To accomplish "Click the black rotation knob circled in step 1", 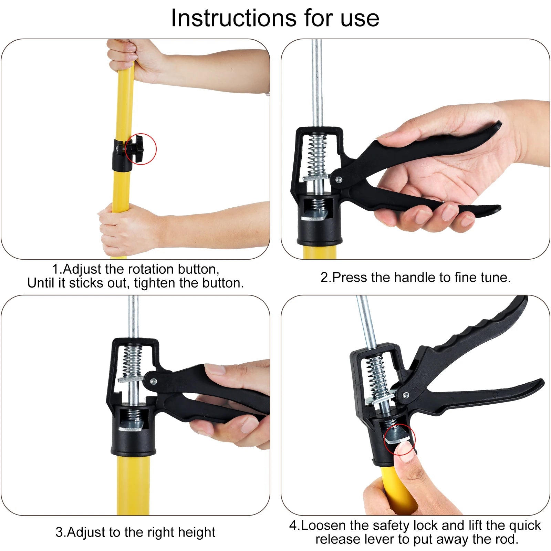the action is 135,148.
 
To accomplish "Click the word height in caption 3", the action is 197,532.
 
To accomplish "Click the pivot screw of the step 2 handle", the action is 339,179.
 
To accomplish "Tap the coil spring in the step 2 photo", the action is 317,155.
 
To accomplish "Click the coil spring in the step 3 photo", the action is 133,362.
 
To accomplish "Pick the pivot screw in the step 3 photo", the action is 153,381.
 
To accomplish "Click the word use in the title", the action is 360,18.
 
